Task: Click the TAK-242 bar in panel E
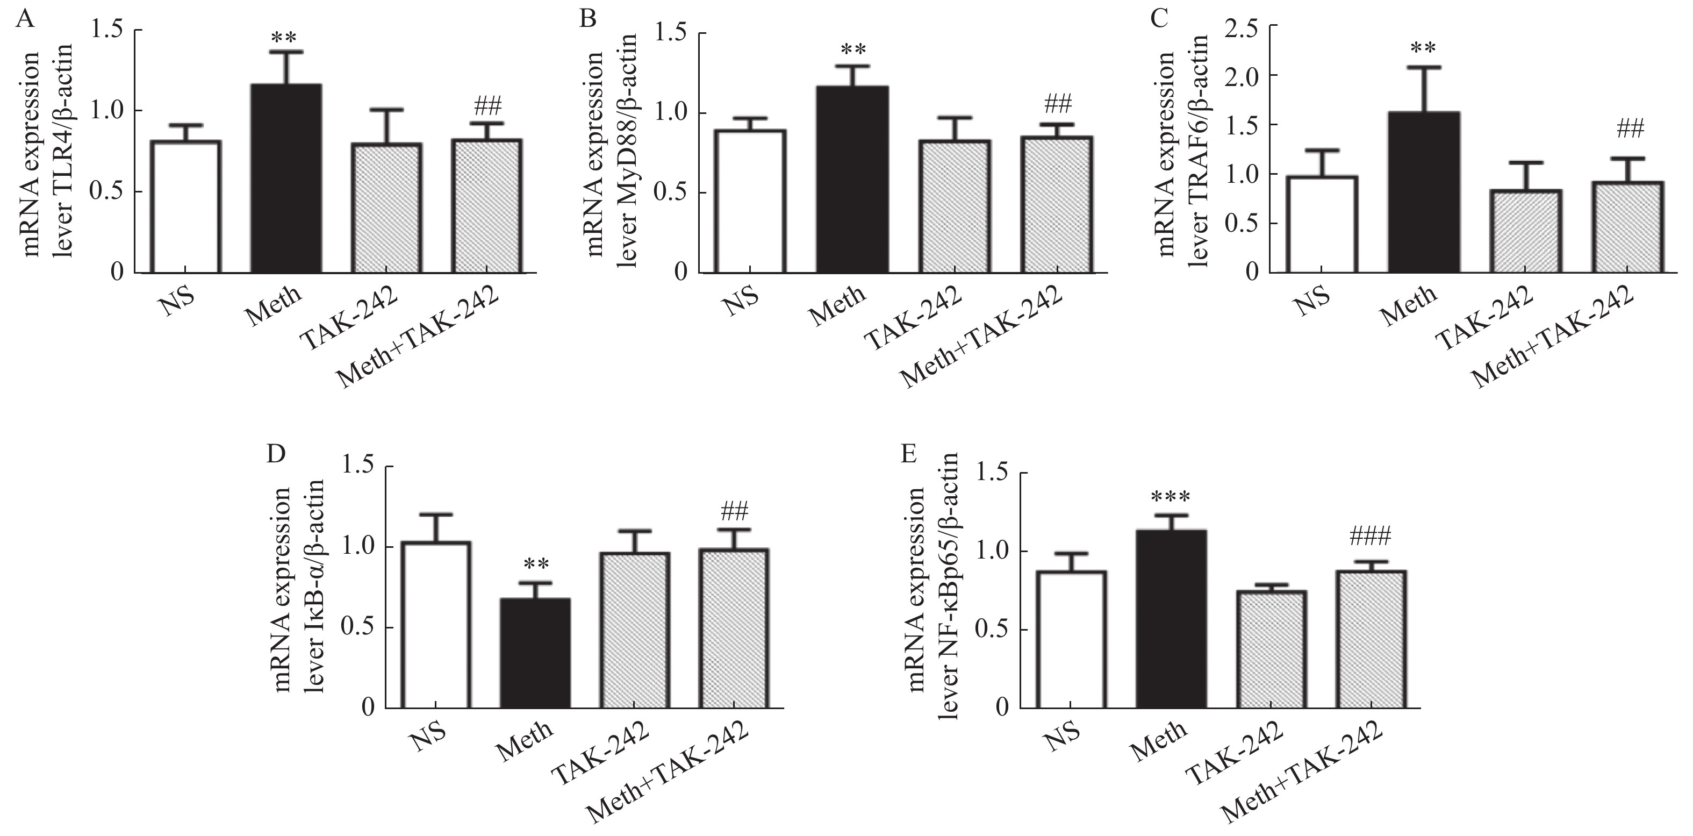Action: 1271,649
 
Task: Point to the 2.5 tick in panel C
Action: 1245,27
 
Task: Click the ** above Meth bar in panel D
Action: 536,565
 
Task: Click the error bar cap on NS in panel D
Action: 436,514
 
